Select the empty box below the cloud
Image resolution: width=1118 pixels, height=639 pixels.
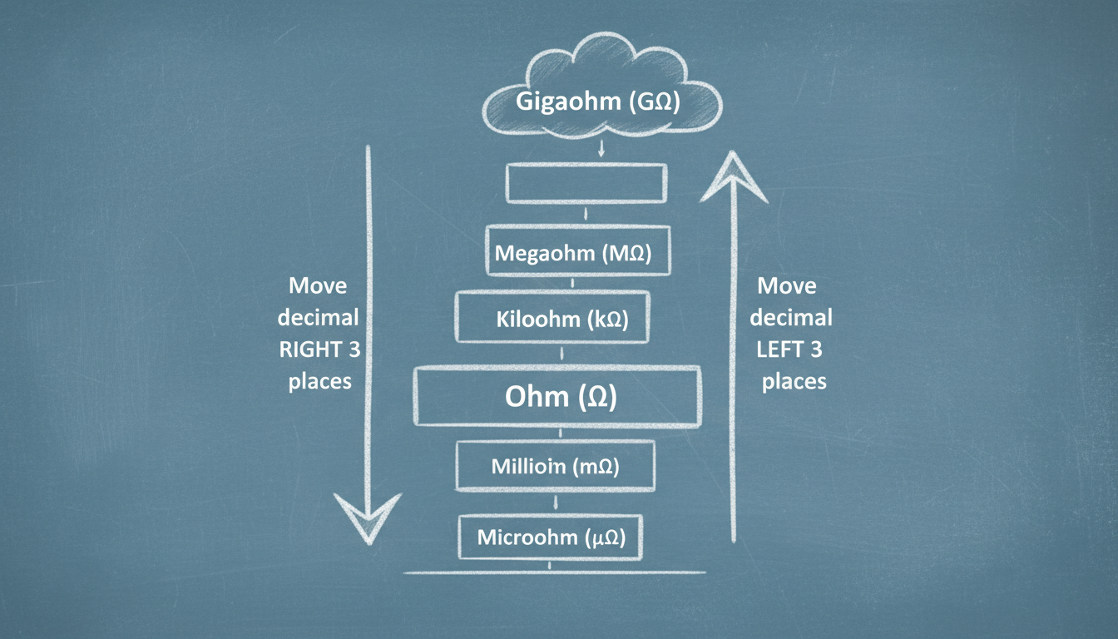tap(586, 183)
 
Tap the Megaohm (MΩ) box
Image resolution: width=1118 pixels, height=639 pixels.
tap(578, 251)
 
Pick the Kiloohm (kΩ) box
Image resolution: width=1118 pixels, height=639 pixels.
tap(552, 317)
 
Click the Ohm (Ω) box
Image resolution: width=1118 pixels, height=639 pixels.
tap(557, 396)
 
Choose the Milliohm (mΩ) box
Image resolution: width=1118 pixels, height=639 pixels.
tap(556, 466)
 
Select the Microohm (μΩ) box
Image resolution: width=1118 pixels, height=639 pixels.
tap(552, 537)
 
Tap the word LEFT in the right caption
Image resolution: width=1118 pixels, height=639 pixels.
tap(778, 349)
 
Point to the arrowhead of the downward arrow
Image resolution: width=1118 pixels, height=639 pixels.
tap(367, 516)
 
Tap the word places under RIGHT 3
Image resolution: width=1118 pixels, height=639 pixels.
tap(320, 382)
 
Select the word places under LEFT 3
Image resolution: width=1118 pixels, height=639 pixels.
tap(794, 381)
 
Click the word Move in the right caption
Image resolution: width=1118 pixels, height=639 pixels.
tap(786, 286)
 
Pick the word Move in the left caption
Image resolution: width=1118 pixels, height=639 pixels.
tap(318, 286)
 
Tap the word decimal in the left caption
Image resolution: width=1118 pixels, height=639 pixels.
tap(318, 318)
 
